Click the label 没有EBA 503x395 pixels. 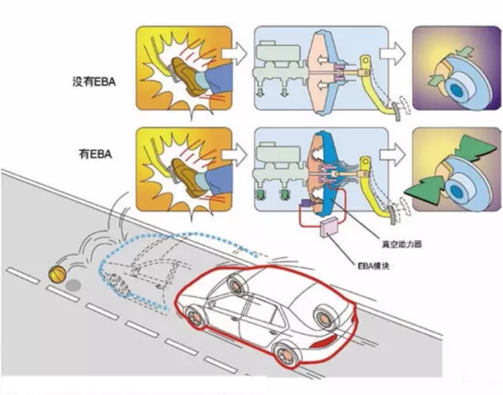pos(94,82)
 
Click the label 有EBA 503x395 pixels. pos(96,155)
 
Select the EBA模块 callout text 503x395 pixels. pos(373,265)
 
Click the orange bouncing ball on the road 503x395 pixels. pos(57,274)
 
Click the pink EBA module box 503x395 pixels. pos(329,227)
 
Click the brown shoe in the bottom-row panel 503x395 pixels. pos(187,177)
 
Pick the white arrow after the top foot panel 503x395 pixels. pos(235,54)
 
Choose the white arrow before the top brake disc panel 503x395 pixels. pos(392,54)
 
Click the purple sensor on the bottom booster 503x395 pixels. pos(304,203)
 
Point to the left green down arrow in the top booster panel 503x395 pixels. pos(260,92)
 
